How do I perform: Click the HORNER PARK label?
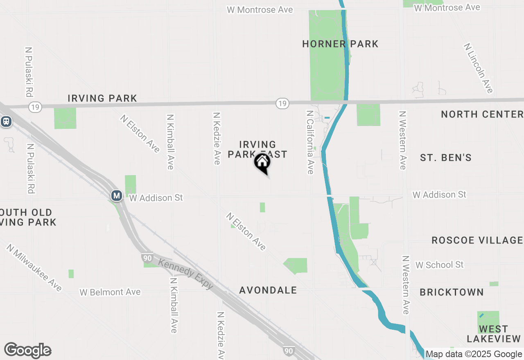click(340, 44)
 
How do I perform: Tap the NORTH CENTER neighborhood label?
click(482, 114)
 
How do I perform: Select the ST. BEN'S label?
click(446, 157)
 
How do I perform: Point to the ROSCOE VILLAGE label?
click(477, 240)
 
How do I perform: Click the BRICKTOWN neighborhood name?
click(452, 292)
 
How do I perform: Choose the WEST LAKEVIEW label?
click(493, 334)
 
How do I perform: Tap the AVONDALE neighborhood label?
click(268, 290)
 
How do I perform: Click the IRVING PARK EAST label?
click(257, 149)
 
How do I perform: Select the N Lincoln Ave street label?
click(479, 68)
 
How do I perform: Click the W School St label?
click(439, 265)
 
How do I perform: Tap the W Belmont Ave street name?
click(110, 292)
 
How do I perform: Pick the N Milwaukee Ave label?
click(34, 268)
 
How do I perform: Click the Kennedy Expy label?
click(186, 274)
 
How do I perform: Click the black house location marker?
click(262, 163)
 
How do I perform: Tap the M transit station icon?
click(117, 196)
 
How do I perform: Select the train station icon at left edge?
click(6, 121)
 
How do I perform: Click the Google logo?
click(28, 350)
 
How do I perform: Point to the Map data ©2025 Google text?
click(474, 354)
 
